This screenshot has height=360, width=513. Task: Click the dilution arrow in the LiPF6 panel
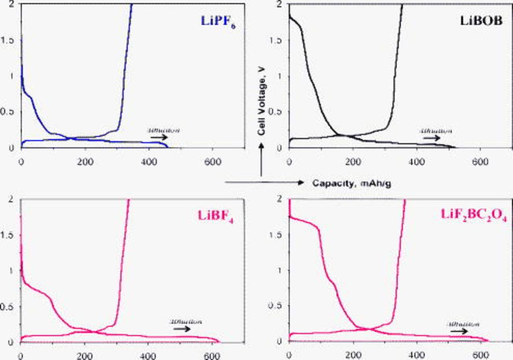tap(159, 137)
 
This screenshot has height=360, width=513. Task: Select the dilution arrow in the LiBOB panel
tap(431, 137)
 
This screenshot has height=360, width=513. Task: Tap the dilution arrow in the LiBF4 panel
tap(182, 328)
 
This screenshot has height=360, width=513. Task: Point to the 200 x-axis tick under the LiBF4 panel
tap(84, 355)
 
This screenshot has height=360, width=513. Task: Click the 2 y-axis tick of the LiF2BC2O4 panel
tap(284, 199)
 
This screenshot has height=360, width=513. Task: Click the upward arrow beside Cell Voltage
tap(261, 160)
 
